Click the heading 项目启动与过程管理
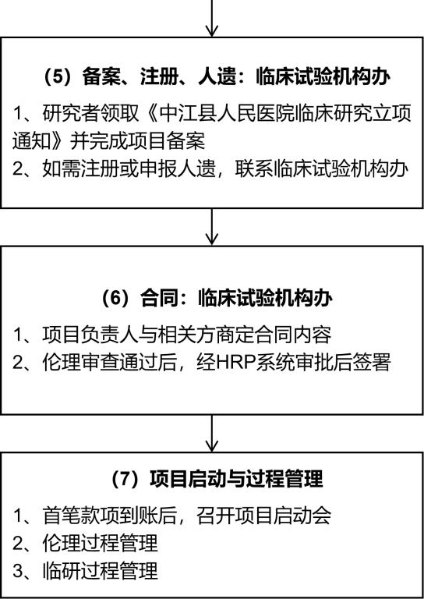point(237,478)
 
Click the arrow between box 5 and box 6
point(212,226)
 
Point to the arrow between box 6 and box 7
point(212,434)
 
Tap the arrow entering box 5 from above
point(212,19)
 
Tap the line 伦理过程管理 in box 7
point(100,544)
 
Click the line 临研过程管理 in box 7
point(100,572)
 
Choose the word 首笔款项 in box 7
point(81,516)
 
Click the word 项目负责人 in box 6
point(90,335)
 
